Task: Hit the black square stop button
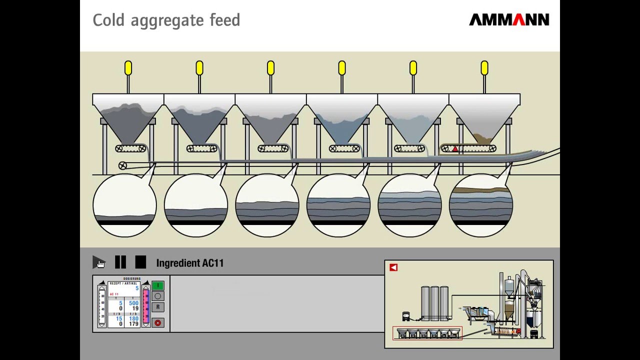[140, 262]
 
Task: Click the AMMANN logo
[509, 20]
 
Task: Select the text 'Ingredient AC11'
[189, 263]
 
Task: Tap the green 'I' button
[157, 285]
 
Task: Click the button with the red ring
[157, 322]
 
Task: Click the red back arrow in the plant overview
[393, 267]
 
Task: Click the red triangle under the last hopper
[455, 148]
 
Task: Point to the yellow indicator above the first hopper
[128, 67]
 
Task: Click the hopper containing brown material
[484, 120]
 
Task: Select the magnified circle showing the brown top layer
[481, 205]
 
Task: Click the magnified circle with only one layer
[124, 205]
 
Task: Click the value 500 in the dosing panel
[133, 303]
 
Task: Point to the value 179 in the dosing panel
[133, 324]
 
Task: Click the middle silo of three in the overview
[434, 303]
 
